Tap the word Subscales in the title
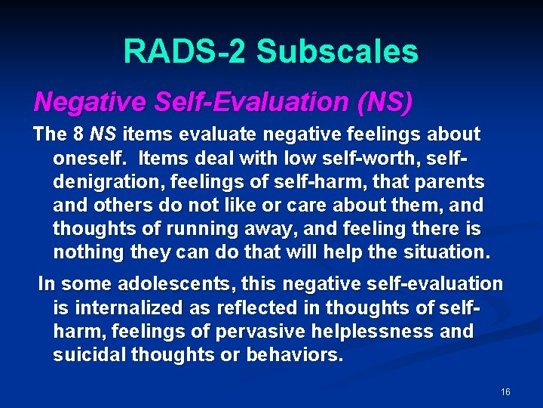337,51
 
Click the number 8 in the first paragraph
78,134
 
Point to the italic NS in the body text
103,134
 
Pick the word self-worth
400,159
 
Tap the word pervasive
256,331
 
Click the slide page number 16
505,392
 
